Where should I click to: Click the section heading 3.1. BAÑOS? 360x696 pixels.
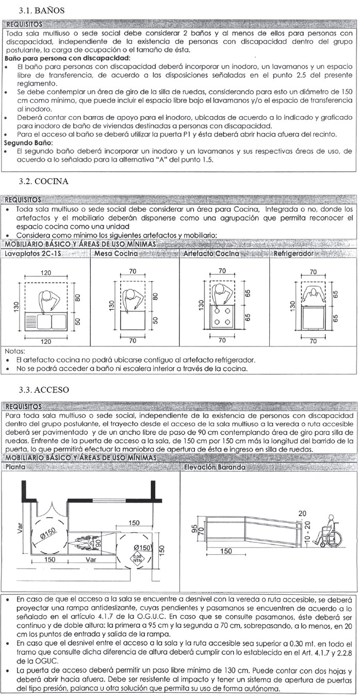pos(41,10)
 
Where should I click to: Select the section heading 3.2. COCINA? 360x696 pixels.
pos(43,181)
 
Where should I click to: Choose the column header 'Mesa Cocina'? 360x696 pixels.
pos(116,254)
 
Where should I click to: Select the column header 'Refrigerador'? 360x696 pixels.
pos(293,254)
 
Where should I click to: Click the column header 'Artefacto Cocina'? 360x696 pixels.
pos(211,254)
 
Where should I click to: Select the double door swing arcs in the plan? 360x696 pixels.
pos(49,521)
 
